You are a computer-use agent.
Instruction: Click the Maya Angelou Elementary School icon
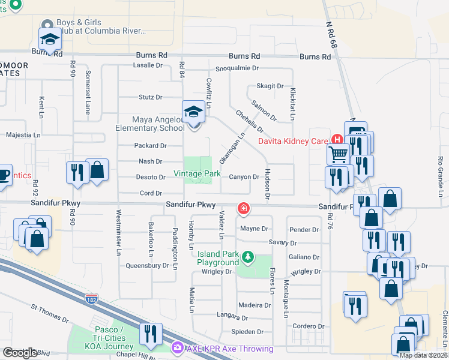pyautogui.click(x=193, y=112)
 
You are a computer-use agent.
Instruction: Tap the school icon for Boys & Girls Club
pyautogui.click(x=50, y=40)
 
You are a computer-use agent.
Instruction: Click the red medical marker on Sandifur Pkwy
pyautogui.click(x=244, y=208)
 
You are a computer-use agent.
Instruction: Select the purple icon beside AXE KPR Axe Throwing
pyautogui.click(x=177, y=348)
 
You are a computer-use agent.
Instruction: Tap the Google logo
pyautogui.click(x=20, y=353)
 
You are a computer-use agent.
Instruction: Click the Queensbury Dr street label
pyautogui.click(x=147, y=265)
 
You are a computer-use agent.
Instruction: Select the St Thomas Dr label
pyautogui.click(x=51, y=310)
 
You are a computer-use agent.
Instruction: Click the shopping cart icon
pyautogui.click(x=338, y=154)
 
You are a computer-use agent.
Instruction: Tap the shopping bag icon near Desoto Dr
pyautogui.click(x=97, y=170)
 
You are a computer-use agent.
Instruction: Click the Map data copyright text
pyautogui.click(x=423, y=355)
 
